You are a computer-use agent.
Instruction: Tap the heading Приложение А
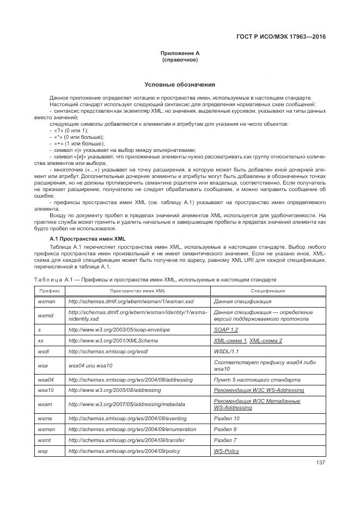click(x=180, y=53)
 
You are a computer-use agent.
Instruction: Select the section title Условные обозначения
click(x=180, y=85)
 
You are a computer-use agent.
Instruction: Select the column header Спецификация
click(x=267, y=291)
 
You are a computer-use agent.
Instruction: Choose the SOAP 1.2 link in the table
click(x=226, y=330)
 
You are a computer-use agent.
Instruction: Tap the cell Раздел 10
click(x=227, y=419)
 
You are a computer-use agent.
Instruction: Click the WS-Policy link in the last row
click(x=227, y=451)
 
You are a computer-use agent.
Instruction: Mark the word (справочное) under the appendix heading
click(x=180, y=60)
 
